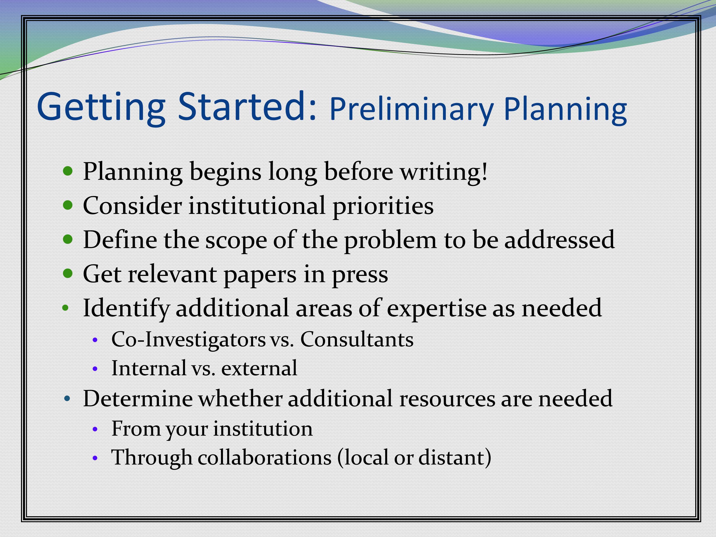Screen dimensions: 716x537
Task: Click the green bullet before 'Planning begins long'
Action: click(67, 171)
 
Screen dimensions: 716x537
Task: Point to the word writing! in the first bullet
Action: click(444, 172)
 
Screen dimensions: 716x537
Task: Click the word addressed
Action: click(560, 240)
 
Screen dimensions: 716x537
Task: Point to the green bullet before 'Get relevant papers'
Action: click(67, 273)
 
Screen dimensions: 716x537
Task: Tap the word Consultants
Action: click(357, 339)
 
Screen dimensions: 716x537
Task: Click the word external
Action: click(259, 368)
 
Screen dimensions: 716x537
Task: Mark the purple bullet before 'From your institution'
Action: click(95, 429)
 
